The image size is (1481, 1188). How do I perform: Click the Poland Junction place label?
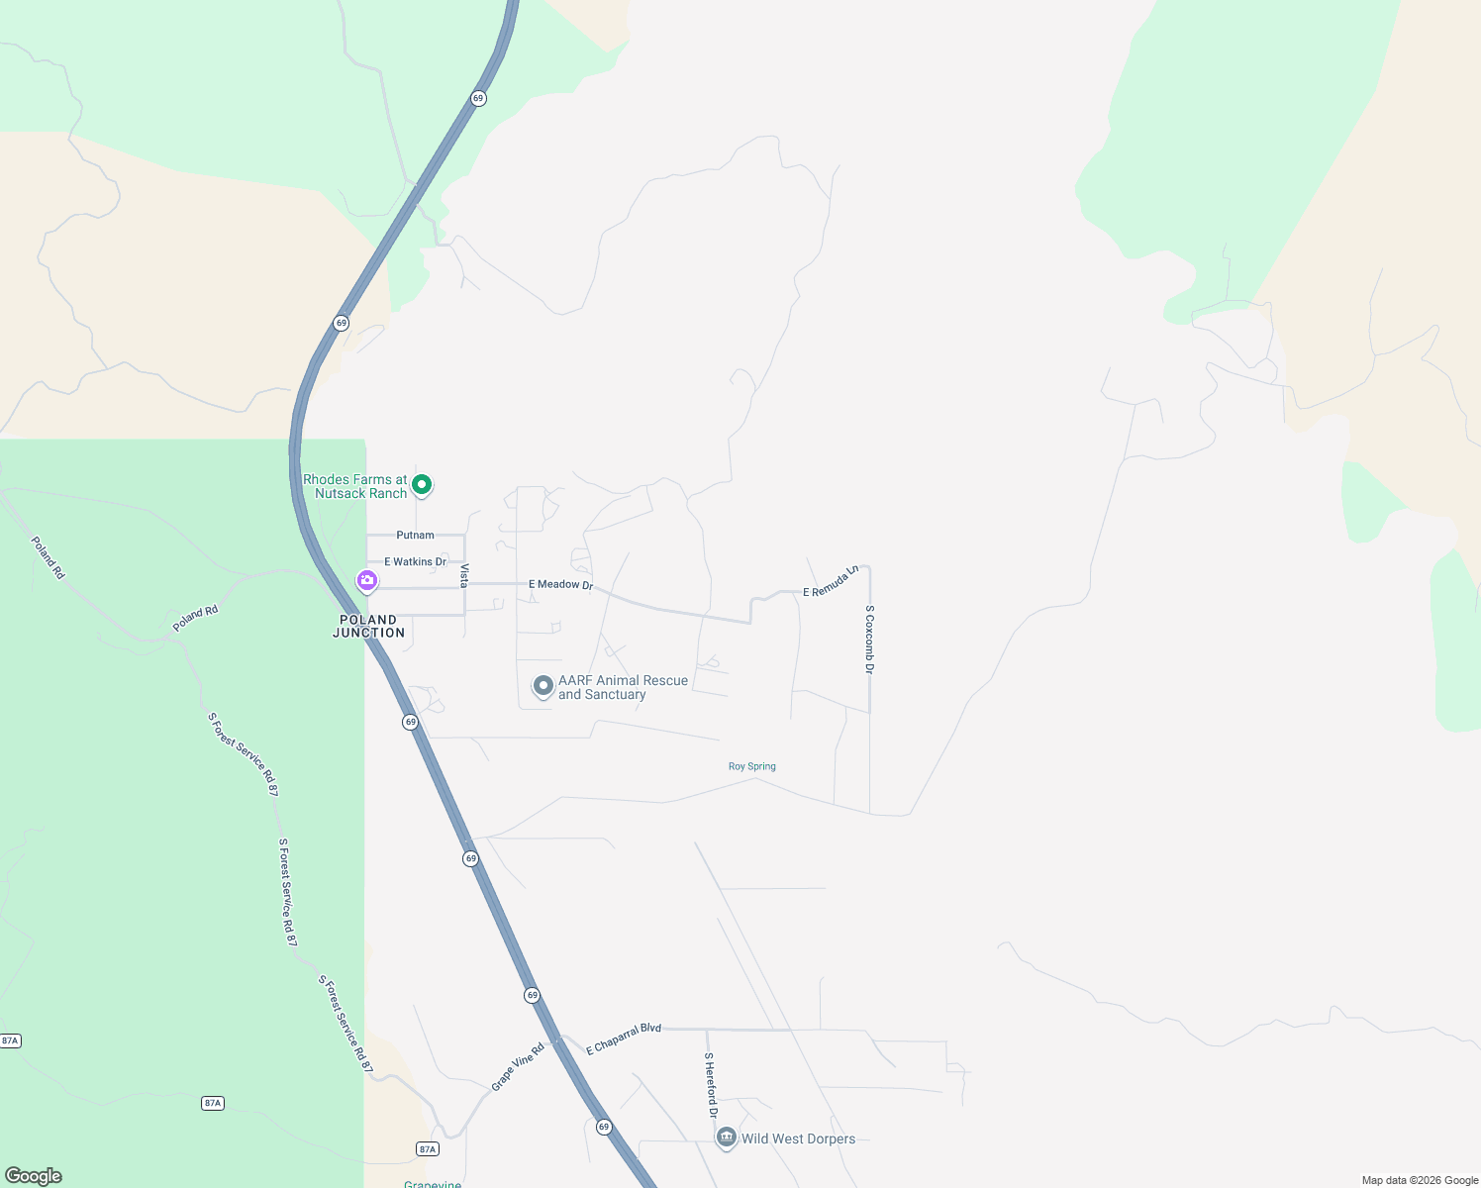pyautogui.click(x=368, y=627)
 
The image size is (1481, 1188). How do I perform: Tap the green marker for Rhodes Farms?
pyautogui.click(x=422, y=485)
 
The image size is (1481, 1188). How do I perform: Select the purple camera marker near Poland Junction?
pyautogui.click(x=367, y=581)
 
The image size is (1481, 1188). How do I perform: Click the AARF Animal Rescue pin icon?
pyautogui.click(x=543, y=686)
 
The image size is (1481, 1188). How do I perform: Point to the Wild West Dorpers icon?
pyautogui.click(x=727, y=1138)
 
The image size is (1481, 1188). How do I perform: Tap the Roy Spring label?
pyautogui.click(x=752, y=766)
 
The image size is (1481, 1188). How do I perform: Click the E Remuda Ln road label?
pyautogui.click(x=831, y=582)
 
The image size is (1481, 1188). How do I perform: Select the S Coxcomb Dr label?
pyautogui.click(x=870, y=640)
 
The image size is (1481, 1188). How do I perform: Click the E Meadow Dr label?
pyautogui.click(x=560, y=585)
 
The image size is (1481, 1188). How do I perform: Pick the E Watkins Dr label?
pyautogui.click(x=415, y=562)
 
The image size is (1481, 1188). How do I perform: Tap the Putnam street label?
pyautogui.click(x=415, y=536)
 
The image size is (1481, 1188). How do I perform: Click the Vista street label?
pyautogui.click(x=463, y=575)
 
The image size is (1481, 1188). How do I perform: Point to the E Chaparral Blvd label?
pyautogui.click(x=624, y=1039)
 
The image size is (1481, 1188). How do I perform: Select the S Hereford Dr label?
pyautogui.click(x=711, y=1085)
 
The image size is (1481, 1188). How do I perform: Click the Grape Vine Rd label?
pyautogui.click(x=518, y=1067)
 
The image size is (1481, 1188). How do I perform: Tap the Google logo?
pyautogui.click(x=34, y=1176)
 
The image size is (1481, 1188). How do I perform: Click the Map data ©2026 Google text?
pyautogui.click(x=1420, y=1180)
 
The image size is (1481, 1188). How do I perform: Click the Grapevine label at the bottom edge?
pyautogui.click(x=433, y=1184)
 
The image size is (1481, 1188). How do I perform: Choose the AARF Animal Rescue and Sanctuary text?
pyautogui.click(x=623, y=687)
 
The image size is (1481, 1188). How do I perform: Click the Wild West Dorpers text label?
pyautogui.click(x=798, y=1138)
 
